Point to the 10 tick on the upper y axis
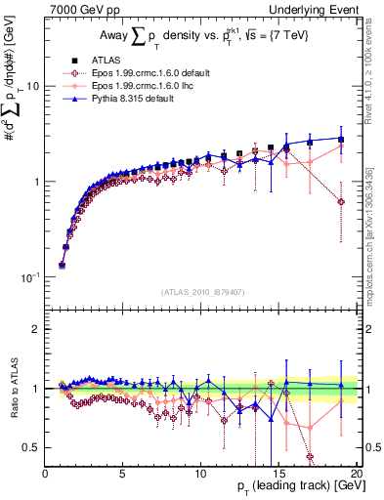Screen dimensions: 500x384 32,86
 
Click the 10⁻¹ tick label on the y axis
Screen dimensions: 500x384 28,277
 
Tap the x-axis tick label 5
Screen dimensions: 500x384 123,474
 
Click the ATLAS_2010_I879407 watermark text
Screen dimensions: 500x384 203,291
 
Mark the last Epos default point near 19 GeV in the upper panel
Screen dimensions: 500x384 340,201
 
